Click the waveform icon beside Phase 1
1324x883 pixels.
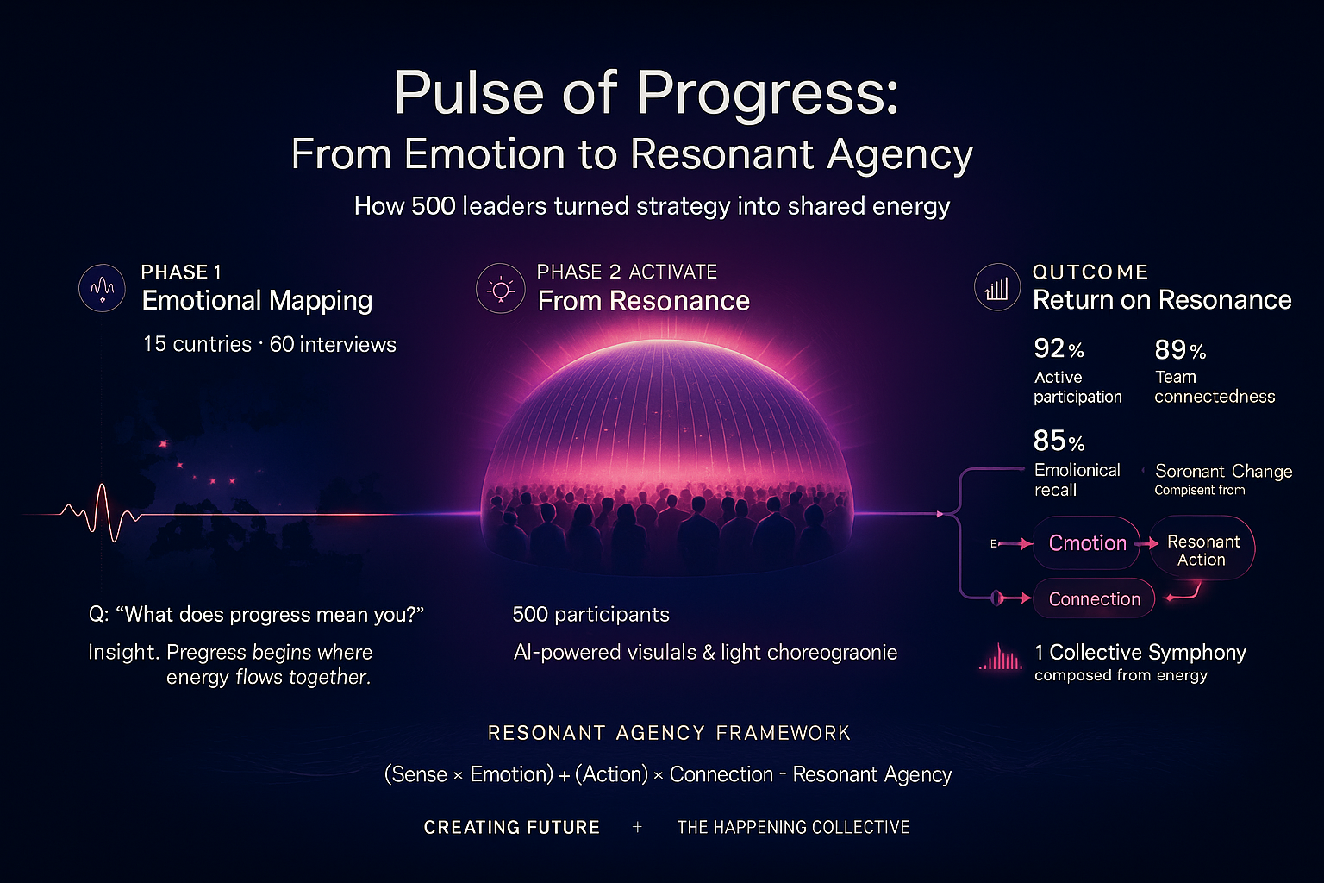click(102, 288)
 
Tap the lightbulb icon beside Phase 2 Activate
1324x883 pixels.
click(500, 289)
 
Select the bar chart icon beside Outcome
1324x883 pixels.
click(997, 288)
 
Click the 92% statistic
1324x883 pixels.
click(1059, 349)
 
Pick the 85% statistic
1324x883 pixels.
click(1059, 441)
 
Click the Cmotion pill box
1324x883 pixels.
click(1087, 543)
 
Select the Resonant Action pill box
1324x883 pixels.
click(1202, 550)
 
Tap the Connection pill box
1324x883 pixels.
click(1094, 599)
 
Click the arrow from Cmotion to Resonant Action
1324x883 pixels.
click(1146, 543)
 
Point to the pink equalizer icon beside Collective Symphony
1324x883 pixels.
click(1000, 659)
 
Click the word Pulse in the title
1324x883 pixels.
click(465, 92)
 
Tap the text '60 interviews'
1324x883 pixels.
click(333, 345)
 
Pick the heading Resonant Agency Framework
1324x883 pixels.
click(669, 733)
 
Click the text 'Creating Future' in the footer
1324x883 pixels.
click(512, 828)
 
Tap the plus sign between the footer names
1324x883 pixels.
click(637, 827)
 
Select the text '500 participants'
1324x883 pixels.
click(590, 615)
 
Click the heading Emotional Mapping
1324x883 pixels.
click(257, 301)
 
